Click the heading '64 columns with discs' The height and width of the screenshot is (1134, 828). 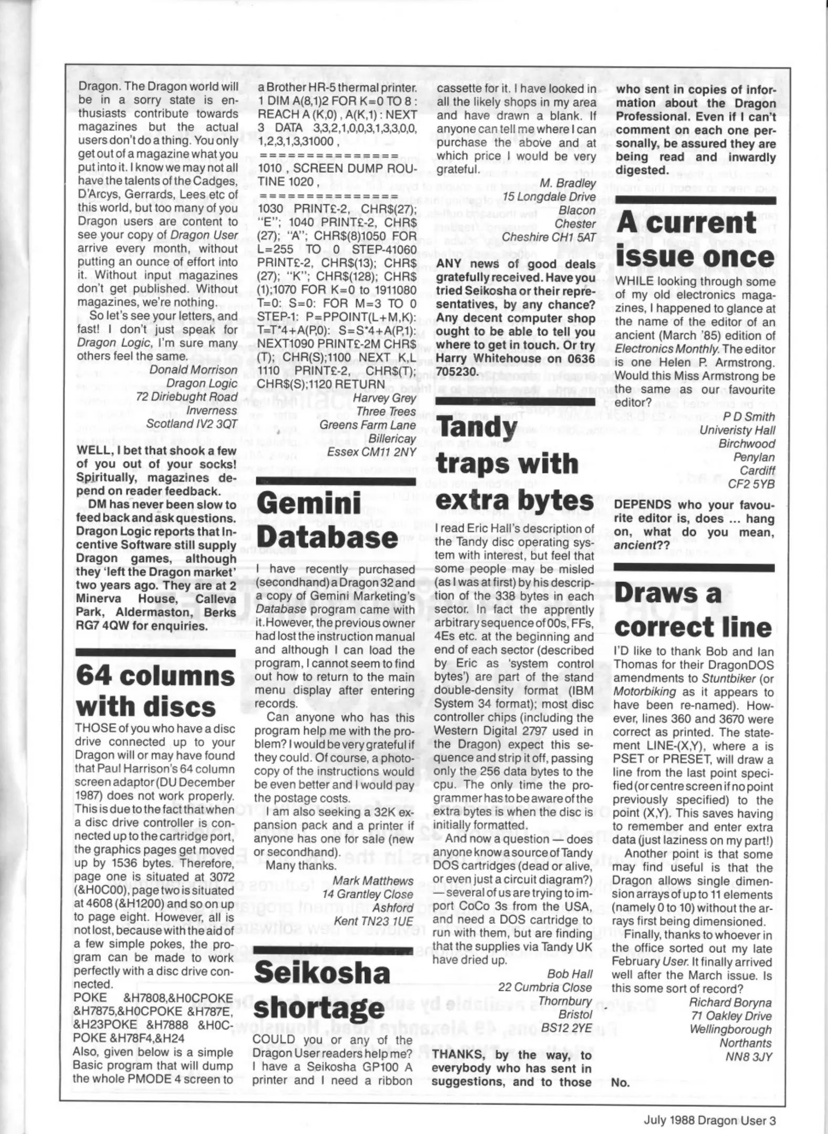[155, 691]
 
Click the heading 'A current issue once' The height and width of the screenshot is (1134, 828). [695, 240]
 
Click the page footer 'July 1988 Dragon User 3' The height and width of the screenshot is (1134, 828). [709, 1120]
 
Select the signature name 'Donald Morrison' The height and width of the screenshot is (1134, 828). [193, 370]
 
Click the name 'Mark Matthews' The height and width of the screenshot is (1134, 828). [373, 880]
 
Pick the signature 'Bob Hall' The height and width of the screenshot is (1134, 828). [570, 973]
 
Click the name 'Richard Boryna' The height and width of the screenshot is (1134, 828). [730, 1002]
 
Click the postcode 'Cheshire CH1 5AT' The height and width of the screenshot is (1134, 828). [549, 237]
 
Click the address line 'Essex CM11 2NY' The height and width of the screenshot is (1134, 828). [371, 451]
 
